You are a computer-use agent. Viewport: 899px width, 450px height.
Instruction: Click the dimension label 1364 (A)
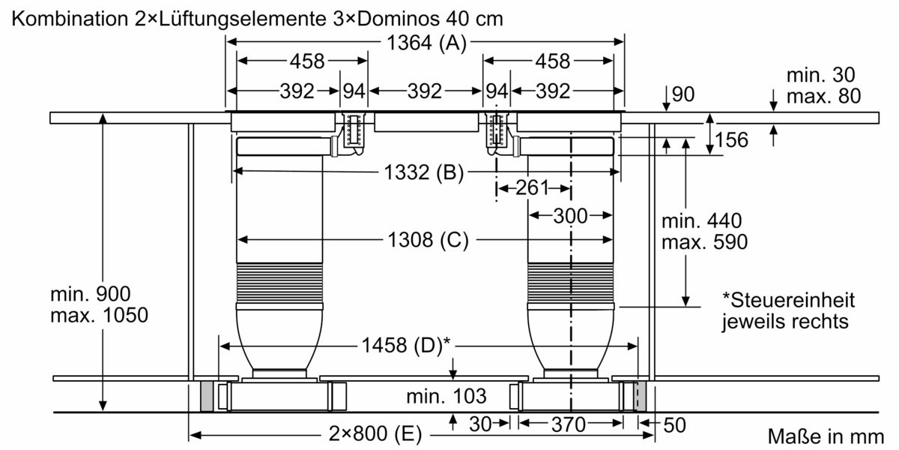point(426,43)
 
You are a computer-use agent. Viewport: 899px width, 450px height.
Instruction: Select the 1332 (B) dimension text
point(423,172)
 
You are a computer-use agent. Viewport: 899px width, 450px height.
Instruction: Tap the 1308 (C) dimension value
point(428,240)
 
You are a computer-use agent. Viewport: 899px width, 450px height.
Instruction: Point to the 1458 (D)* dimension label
point(406,345)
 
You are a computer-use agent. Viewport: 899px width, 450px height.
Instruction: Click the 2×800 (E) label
point(375,433)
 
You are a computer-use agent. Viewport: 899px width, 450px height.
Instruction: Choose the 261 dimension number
point(532,187)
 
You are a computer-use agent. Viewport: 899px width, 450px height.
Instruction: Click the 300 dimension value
point(570,216)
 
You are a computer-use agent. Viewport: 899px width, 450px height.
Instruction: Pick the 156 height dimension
point(732,139)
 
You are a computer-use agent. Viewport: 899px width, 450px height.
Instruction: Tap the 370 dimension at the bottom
point(569,424)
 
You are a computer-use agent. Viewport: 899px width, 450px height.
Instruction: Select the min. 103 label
point(447,397)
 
